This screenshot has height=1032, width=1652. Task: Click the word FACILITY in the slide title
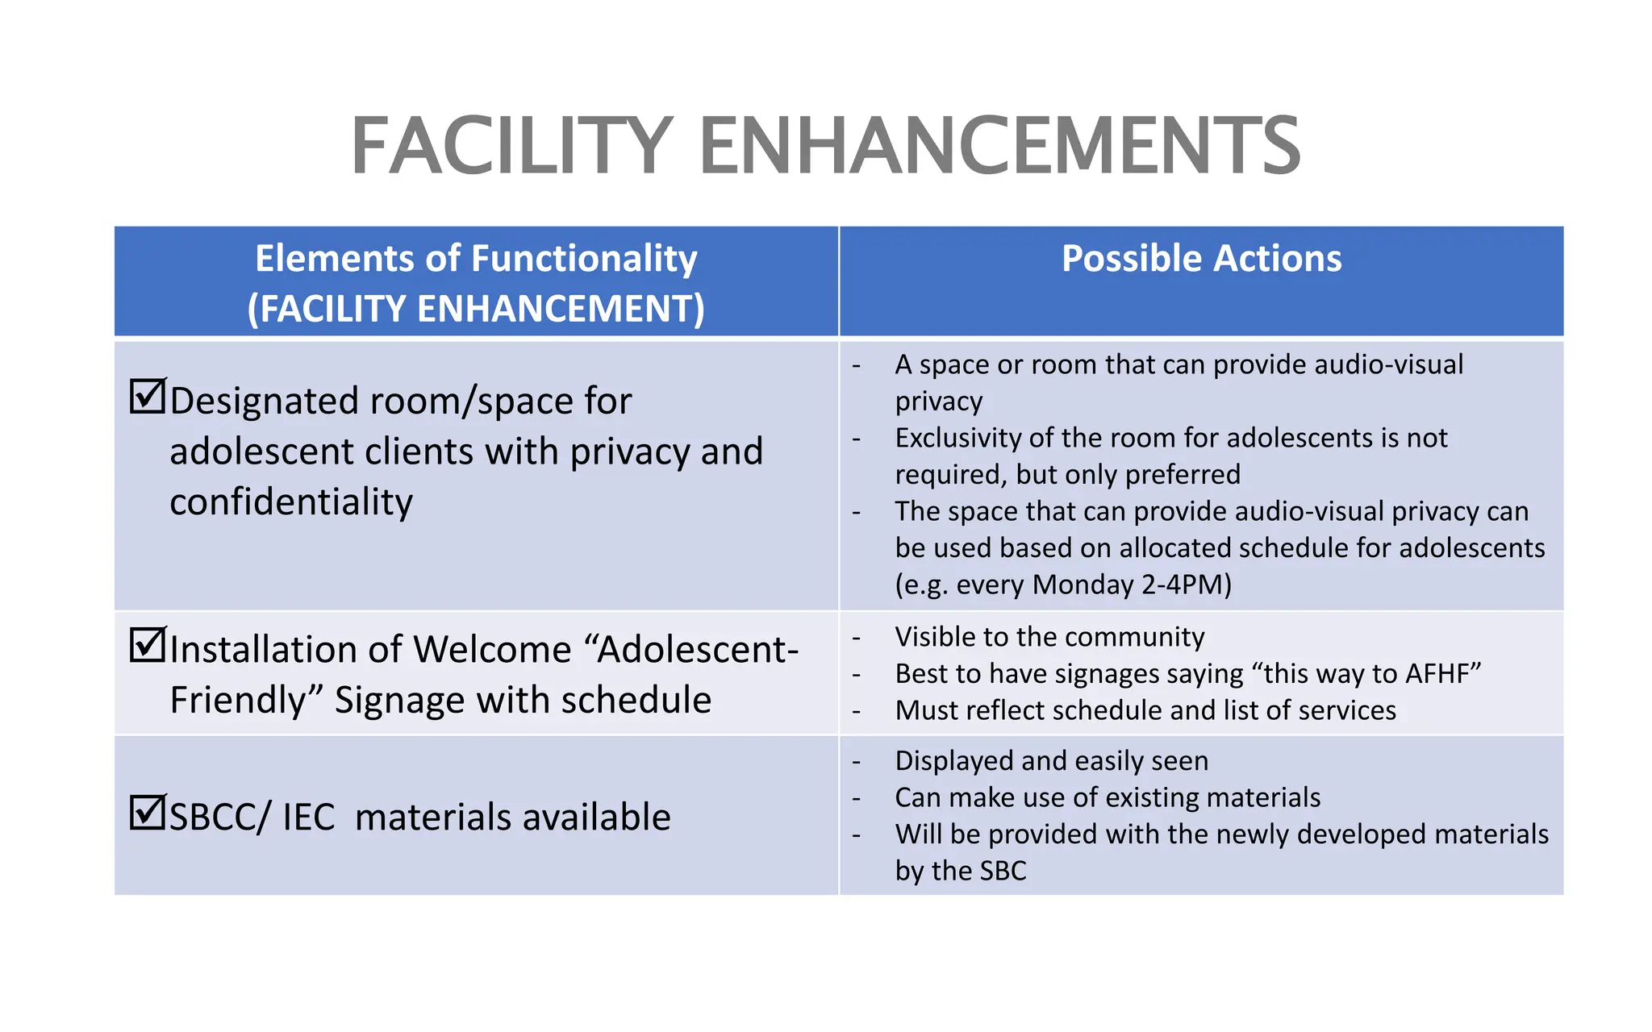point(511,147)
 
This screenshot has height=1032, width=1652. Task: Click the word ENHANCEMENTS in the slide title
point(999,147)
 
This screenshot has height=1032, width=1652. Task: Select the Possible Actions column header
point(1201,260)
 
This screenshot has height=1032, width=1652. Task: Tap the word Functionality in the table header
point(584,260)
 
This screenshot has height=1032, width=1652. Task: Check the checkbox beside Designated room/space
point(148,396)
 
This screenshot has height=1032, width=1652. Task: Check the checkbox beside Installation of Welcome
point(148,645)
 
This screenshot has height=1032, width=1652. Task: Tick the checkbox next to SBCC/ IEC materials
point(148,813)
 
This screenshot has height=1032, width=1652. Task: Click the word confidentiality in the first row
point(291,502)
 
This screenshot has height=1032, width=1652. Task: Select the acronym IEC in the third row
point(308,818)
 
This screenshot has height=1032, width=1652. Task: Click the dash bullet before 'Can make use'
point(857,798)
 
